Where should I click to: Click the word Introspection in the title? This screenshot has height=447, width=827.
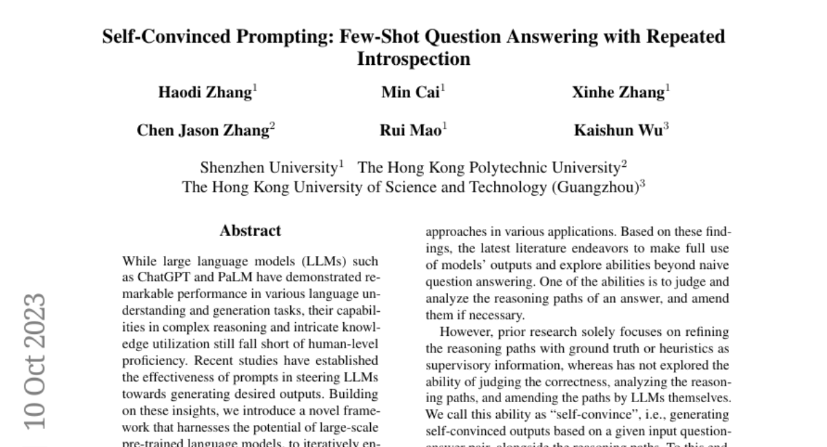pyautogui.click(x=413, y=59)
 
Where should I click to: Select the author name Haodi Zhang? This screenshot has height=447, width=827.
pyautogui.click(x=205, y=92)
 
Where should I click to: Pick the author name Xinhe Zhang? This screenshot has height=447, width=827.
pyautogui.click(x=618, y=92)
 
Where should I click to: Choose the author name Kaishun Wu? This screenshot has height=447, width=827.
pyautogui.click(x=619, y=130)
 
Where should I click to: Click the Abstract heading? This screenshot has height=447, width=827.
pyautogui.click(x=250, y=231)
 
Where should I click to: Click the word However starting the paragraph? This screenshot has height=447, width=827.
pyautogui.click(x=461, y=332)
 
